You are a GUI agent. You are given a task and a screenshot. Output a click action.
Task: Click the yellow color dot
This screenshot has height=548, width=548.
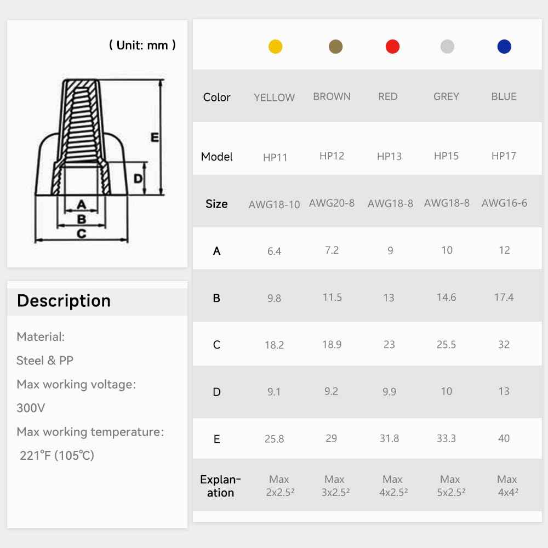tap(276, 47)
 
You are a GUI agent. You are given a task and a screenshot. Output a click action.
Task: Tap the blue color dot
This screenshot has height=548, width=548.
tap(504, 47)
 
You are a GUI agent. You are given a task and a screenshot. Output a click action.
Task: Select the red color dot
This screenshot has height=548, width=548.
tap(392, 47)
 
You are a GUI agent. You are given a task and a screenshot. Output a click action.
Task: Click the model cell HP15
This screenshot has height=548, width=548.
tap(446, 156)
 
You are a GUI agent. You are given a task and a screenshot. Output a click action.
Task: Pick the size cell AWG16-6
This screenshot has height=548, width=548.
tap(504, 203)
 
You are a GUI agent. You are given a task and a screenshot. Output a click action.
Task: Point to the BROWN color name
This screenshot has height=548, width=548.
tap(332, 96)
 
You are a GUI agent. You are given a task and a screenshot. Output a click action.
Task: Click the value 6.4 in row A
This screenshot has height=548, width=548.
tap(275, 251)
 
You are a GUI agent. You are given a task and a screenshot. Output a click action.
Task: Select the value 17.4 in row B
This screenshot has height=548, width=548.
tap(504, 298)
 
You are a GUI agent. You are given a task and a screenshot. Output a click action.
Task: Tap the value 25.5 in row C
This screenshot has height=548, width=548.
tap(446, 345)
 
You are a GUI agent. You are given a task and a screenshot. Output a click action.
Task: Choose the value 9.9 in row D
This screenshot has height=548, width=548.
tap(389, 392)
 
